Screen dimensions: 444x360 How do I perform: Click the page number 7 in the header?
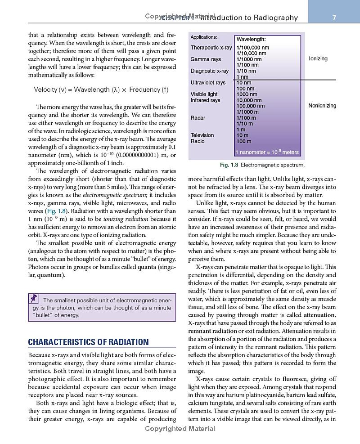[334, 18]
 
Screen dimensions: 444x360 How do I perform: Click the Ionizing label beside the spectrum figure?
[318, 59]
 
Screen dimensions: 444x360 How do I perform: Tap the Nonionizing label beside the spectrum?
[322, 106]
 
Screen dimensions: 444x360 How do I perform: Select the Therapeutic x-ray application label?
[211, 48]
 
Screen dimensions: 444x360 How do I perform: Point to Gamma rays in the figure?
[206, 59]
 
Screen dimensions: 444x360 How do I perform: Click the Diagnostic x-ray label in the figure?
[209, 71]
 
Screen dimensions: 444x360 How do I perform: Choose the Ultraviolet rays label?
[208, 83]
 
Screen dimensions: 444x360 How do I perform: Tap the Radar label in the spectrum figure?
[198, 118]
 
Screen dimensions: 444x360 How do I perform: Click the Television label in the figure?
[202, 135]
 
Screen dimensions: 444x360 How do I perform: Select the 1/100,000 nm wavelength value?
[253, 48]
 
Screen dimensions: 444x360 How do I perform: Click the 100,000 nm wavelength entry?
[251, 106]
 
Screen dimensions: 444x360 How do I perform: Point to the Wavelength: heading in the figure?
[251, 40]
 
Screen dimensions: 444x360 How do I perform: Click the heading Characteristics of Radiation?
[88, 342]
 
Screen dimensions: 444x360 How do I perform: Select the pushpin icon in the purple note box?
[34, 299]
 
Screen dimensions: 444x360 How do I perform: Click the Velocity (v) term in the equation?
[49, 90]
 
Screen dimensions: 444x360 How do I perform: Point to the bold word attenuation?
[320, 315]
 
